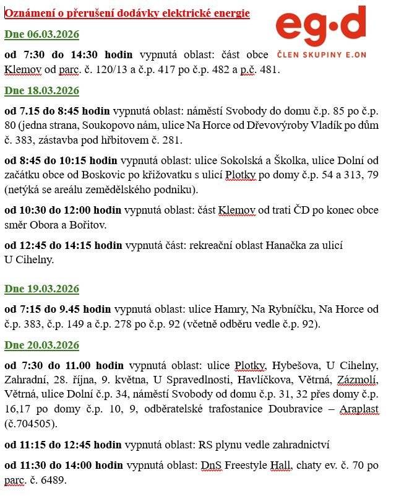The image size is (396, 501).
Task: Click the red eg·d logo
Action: (x=321, y=25)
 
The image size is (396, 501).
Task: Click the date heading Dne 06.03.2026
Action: (x=41, y=34)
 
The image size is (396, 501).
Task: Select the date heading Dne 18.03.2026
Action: (x=41, y=91)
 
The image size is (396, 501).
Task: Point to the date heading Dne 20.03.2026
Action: (x=41, y=345)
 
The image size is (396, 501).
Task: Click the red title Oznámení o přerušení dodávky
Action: (x=127, y=13)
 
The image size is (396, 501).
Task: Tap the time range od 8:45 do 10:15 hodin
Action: (x=62, y=161)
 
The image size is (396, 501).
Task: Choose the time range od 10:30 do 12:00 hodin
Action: (x=64, y=211)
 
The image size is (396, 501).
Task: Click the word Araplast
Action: (x=359, y=409)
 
